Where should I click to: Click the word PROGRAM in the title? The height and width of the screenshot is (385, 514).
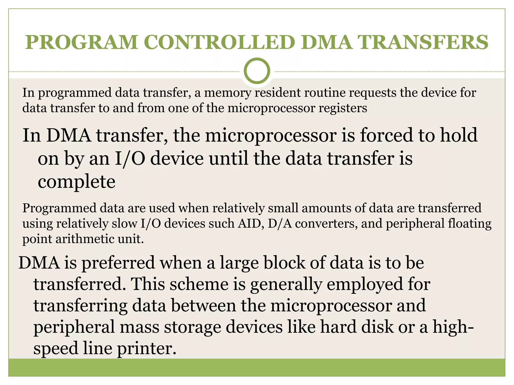coord(82,42)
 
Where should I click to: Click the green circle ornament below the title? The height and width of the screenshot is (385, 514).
coord(257,71)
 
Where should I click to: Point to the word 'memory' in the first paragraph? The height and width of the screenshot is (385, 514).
coord(227,93)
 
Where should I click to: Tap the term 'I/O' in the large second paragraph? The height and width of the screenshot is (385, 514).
coord(130,159)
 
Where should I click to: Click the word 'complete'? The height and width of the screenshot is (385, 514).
coord(77,182)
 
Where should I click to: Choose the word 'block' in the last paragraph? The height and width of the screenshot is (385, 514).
coord(285,263)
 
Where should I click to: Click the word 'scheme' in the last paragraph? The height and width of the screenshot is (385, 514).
coord(199,284)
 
